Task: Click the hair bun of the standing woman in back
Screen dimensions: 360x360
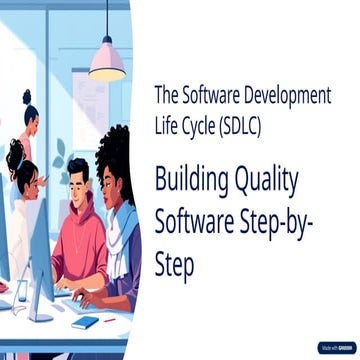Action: tap(27, 98)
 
